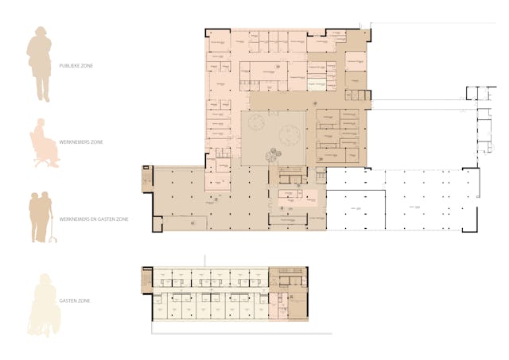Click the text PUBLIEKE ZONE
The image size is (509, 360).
point(76,66)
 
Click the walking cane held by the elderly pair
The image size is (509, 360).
point(53,230)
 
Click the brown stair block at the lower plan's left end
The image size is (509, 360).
point(146,279)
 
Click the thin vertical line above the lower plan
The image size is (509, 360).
point(206,261)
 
